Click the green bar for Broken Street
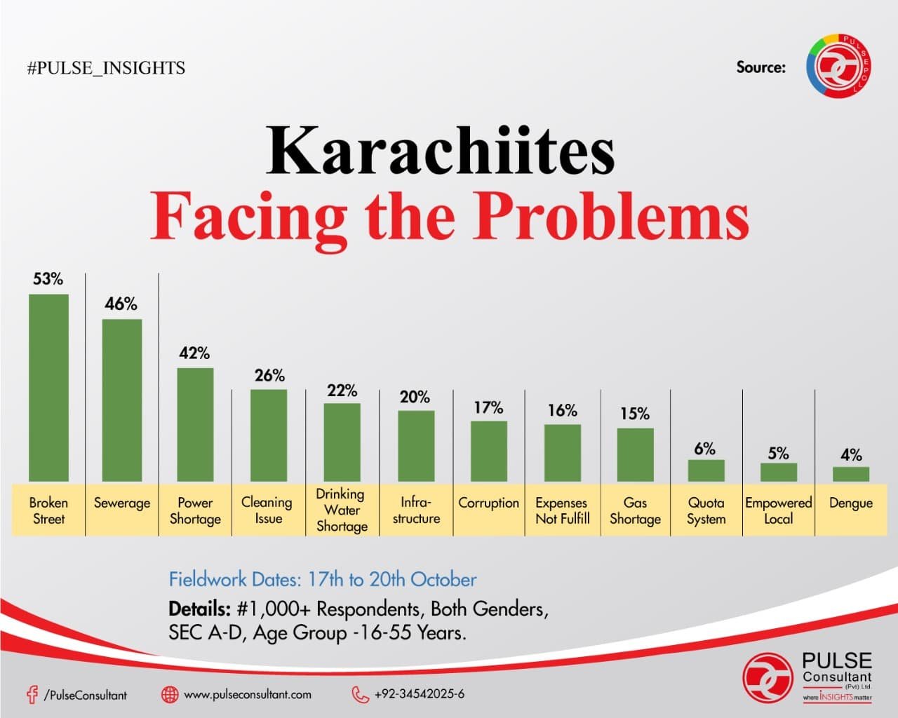click(x=48, y=387)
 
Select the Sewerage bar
click(x=122, y=400)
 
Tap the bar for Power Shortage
click(x=195, y=424)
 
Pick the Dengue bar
click(x=851, y=474)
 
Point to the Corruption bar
click(x=489, y=451)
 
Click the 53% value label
click(x=48, y=279)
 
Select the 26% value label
click(x=269, y=376)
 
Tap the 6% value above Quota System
click(x=705, y=449)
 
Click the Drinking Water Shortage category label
click(x=342, y=510)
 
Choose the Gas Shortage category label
click(x=635, y=510)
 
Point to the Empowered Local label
click(x=778, y=510)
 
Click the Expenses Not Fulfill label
click(x=562, y=510)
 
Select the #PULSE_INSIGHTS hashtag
click(x=106, y=68)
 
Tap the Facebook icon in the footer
click(x=32, y=694)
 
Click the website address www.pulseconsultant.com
click(x=247, y=694)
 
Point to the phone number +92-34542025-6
click(x=419, y=694)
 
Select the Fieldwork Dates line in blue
click(x=323, y=579)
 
